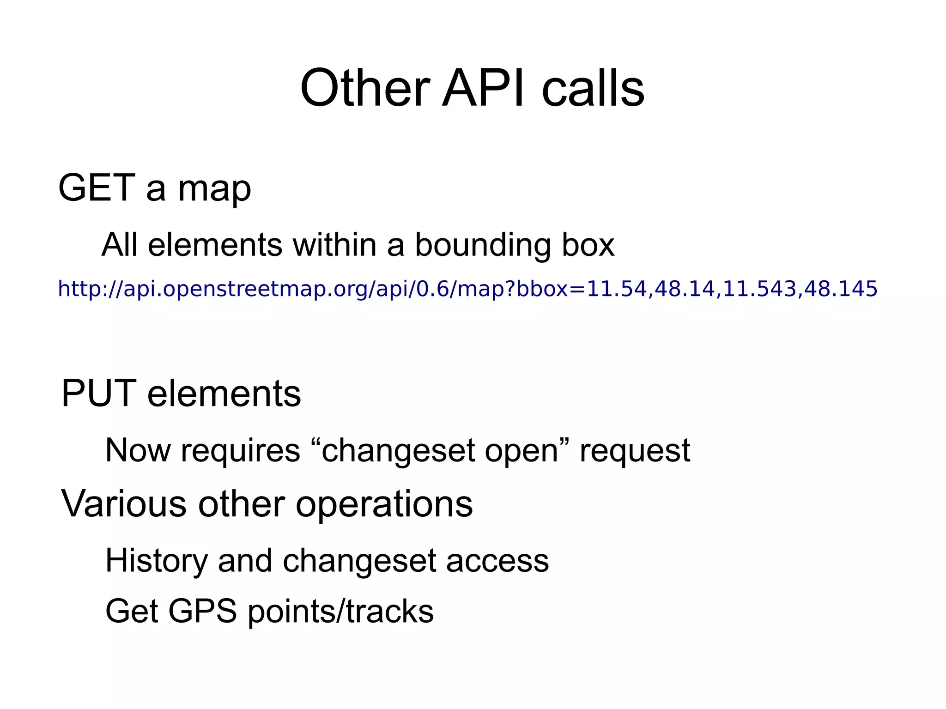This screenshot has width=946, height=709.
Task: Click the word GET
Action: tap(97, 188)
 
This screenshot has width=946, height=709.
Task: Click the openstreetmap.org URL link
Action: tap(467, 289)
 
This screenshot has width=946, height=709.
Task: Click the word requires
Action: tap(240, 450)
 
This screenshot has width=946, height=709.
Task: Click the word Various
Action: tap(124, 504)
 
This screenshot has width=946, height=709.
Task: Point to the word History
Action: tap(157, 561)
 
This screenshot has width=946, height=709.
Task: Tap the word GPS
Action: tap(202, 612)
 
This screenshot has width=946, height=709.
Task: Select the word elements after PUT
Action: tap(224, 394)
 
